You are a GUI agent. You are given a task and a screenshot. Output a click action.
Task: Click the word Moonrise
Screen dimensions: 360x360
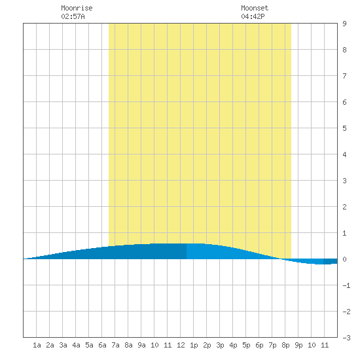point(77,8)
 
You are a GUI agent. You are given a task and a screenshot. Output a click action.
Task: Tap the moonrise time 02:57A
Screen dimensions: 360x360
point(73,16)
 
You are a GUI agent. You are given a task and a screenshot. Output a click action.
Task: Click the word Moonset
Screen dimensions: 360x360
point(255,8)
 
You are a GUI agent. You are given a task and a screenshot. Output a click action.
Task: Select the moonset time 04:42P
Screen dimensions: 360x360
point(253,16)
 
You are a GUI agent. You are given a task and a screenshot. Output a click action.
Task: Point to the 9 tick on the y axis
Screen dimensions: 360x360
point(344,24)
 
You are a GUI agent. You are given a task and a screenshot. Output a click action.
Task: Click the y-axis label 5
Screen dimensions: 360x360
point(344,128)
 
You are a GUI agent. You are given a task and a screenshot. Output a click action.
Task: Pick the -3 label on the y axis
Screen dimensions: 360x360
point(346,338)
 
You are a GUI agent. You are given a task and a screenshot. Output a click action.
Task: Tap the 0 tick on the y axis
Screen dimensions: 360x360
point(344,259)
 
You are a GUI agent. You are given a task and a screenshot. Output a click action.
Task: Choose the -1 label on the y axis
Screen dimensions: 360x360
point(346,285)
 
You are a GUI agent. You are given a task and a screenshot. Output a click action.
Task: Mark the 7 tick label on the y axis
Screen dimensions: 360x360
point(344,76)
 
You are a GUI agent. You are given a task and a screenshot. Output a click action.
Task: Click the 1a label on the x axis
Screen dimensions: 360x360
point(37,345)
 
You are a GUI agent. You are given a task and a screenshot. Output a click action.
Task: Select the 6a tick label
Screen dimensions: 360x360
point(102,345)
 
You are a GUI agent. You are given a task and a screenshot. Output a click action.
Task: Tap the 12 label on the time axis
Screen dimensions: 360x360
point(181,345)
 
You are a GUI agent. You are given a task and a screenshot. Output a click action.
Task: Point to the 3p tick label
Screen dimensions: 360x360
point(220,346)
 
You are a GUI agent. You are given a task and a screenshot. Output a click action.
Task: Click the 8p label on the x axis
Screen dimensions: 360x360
point(285,346)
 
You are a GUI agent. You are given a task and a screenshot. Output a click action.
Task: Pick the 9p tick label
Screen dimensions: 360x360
point(298,346)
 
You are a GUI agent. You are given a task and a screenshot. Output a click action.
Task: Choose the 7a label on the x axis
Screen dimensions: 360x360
point(115,345)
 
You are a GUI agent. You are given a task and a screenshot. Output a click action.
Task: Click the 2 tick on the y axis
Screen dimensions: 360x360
point(344,207)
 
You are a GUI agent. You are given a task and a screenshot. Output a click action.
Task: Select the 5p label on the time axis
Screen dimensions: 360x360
point(246,346)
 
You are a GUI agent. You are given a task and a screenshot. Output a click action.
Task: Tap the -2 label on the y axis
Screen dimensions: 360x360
point(346,312)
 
